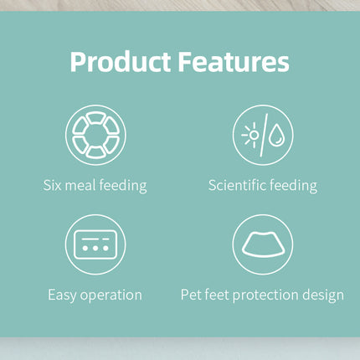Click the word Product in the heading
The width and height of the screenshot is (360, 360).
coord(121,62)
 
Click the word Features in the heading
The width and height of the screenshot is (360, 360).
coord(234,61)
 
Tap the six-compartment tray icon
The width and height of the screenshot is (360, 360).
coord(95,135)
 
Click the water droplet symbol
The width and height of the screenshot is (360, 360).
coord(276,135)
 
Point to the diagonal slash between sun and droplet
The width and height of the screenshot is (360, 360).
coord(264,135)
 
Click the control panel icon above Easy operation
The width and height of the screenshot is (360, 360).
coord(95,244)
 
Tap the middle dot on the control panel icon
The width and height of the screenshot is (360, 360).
coord(95,248)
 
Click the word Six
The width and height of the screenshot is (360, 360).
coord(52,185)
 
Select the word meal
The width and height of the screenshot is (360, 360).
coord(80,185)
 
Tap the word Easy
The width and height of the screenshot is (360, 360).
coord(62,296)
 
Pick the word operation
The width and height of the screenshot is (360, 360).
coord(111,296)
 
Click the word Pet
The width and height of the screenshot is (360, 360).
coord(191,295)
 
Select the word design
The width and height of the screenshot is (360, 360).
coord(323,296)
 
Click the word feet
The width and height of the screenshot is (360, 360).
coord(217,295)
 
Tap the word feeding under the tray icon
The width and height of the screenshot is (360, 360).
coord(123,186)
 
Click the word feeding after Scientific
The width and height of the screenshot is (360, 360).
coord(294,186)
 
